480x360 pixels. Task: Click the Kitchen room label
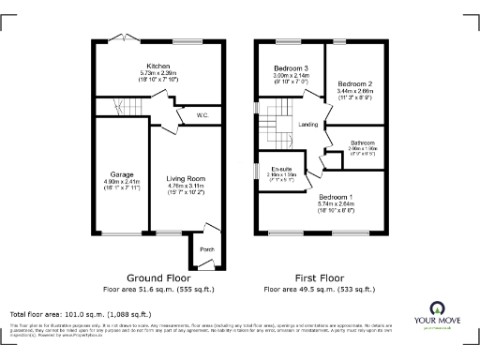tap(171, 66)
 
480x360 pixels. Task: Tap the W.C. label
tap(202, 115)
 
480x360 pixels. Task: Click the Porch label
tap(205, 248)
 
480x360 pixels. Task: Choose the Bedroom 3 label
tap(291, 68)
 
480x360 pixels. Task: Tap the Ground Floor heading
tap(158, 278)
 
